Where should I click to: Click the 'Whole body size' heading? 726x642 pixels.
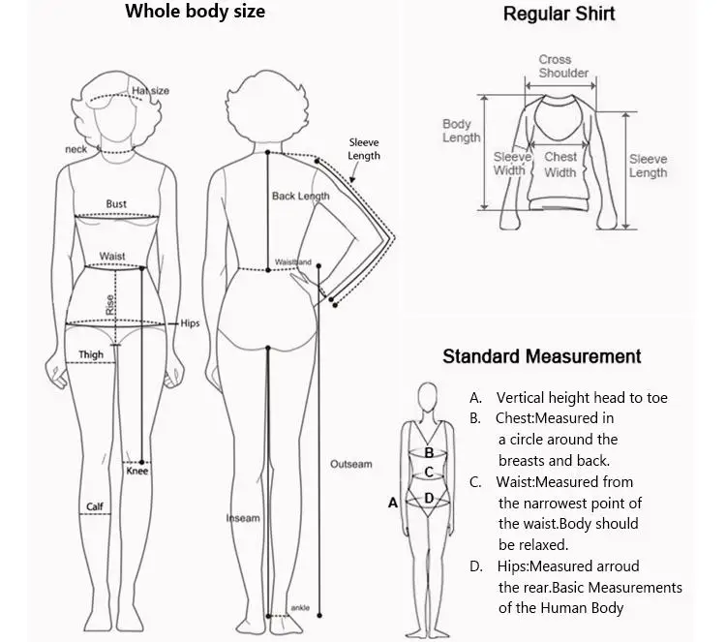(195, 12)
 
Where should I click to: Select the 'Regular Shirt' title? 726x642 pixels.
(559, 14)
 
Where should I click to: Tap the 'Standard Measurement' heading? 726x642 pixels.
(541, 356)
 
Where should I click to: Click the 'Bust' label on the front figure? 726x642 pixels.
(116, 204)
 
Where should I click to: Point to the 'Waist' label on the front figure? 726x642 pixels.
(112, 257)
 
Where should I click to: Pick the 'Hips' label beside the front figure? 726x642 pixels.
(190, 323)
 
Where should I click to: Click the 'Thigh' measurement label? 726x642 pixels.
(91, 355)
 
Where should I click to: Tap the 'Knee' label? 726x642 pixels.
(137, 472)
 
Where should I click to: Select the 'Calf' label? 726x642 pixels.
(95, 506)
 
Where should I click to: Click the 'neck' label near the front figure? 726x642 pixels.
(76, 149)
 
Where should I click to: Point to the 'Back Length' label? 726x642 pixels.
(300, 196)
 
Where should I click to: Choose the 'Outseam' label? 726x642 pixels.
(350, 465)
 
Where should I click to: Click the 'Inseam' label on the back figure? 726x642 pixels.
(243, 518)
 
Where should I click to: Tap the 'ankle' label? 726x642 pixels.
(300, 608)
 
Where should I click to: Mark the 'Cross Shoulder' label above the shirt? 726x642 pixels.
(563, 66)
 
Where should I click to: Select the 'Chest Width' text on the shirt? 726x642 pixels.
(560, 165)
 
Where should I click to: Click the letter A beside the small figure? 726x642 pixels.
(393, 503)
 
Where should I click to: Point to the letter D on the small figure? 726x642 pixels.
(429, 498)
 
